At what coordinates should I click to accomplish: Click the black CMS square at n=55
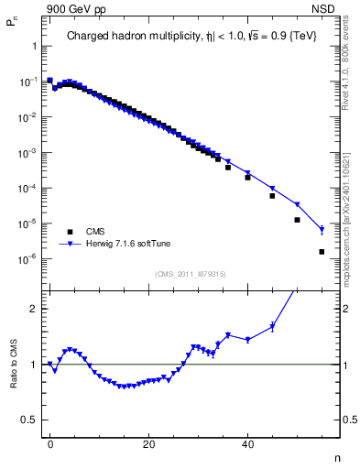(x=322, y=252)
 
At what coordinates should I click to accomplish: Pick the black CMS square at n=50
(x=297, y=220)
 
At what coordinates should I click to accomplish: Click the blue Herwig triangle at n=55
(x=322, y=230)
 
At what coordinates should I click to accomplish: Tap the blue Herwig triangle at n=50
(x=297, y=204)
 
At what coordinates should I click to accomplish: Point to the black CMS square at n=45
(x=272, y=196)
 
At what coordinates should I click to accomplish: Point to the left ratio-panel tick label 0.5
(x=28, y=420)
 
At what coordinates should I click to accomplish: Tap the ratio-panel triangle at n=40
(x=247, y=340)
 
